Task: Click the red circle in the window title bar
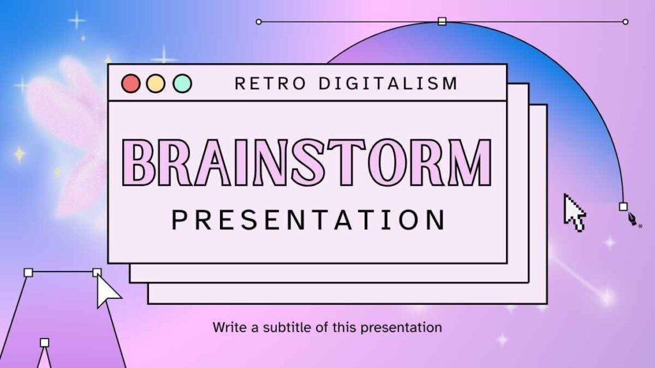pyautogui.click(x=130, y=84)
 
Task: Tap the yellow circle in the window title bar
pyautogui.click(x=156, y=84)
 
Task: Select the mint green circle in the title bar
pyautogui.click(x=182, y=84)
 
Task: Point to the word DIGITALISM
pyautogui.click(x=388, y=84)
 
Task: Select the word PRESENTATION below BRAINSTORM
pyautogui.click(x=309, y=220)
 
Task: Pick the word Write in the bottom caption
pyautogui.click(x=230, y=327)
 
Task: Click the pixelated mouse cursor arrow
pyautogui.click(x=574, y=213)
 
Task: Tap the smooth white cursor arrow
pyautogui.click(x=107, y=291)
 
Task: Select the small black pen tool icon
pyautogui.click(x=633, y=218)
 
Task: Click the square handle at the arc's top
pyautogui.click(x=442, y=21)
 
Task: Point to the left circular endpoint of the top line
pyautogui.click(x=258, y=22)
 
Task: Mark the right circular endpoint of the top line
pyautogui.click(x=626, y=22)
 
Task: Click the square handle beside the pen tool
pyautogui.click(x=623, y=206)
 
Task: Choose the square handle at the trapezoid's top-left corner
pyautogui.click(x=28, y=272)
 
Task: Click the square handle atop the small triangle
pyautogui.click(x=45, y=342)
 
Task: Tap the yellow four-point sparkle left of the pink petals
pyautogui.click(x=19, y=154)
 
